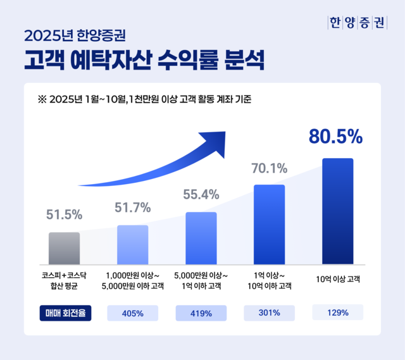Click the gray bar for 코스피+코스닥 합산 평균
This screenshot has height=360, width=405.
point(64,248)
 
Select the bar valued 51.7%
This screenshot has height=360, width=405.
point(132,244)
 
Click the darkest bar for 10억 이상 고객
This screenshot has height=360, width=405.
point(337,211)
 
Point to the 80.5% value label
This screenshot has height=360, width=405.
point(335,137)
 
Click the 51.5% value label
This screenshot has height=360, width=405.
point(64,215)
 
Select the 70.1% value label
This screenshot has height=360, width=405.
point(270,168)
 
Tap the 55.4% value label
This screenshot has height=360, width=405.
point(201,194)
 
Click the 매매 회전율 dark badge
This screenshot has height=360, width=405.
point(65,313)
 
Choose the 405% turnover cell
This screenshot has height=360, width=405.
point(133,313)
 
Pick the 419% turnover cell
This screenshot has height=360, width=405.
point(201,313)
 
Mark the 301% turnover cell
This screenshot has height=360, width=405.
point(270,313)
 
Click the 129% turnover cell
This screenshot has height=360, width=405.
point(338,313)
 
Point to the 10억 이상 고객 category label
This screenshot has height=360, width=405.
point(338,279)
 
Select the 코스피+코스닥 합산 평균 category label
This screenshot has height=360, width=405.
point(64,280)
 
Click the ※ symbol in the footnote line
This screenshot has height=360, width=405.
point(42,99)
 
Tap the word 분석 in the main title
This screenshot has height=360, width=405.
point(243,62)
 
